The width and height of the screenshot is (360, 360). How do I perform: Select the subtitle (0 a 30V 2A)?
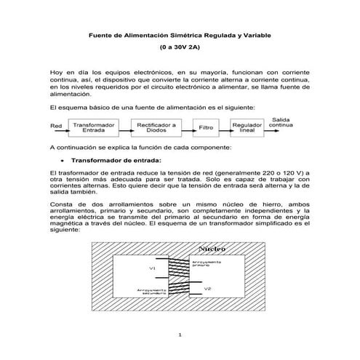tap(179, 47)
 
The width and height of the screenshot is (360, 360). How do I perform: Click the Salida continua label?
tap(282, 121)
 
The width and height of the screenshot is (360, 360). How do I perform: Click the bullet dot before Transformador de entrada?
tap(64, 160)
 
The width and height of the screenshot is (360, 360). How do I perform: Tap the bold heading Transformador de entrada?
tap(116, 160)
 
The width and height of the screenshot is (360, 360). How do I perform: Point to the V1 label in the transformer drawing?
tap(152, 268)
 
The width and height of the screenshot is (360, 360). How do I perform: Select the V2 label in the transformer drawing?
tap(208, 289)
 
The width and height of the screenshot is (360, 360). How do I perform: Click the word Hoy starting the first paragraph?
tap(57, 73)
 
